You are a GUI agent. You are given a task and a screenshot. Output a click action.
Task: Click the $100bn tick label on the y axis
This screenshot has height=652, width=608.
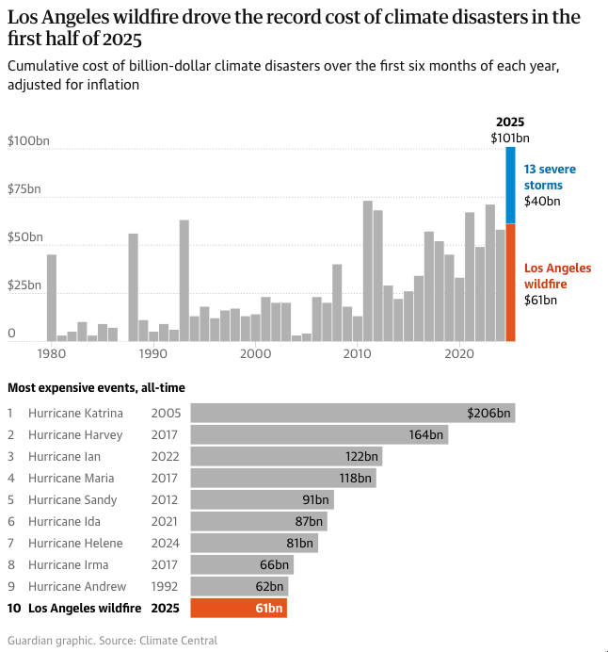28,141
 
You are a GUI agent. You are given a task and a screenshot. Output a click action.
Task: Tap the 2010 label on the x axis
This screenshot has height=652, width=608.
357,353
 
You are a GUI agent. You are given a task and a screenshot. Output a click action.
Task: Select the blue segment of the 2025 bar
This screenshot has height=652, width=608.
510,187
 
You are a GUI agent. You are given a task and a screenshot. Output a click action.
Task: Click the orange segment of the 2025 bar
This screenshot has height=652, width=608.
510,283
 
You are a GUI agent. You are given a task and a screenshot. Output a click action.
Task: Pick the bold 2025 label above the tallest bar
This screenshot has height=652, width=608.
509,122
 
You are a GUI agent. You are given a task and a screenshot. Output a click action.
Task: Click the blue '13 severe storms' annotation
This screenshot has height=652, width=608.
550,177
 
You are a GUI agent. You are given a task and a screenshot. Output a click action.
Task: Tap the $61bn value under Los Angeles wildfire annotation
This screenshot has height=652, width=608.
540,301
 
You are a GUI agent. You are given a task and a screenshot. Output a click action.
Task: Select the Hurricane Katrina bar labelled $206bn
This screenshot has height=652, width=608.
352,413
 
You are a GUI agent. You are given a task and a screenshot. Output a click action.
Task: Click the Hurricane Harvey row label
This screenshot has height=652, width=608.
75,434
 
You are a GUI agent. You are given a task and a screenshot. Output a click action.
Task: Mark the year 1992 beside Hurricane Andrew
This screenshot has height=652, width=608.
165,586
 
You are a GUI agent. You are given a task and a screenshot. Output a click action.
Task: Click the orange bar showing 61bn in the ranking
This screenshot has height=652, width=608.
238,608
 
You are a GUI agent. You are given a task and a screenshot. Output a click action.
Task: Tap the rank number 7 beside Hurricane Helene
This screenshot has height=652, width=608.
10,543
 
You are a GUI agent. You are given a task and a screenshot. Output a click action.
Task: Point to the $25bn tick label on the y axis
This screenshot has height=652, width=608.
24,285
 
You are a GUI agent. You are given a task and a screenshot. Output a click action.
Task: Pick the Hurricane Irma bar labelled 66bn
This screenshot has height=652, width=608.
242,564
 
